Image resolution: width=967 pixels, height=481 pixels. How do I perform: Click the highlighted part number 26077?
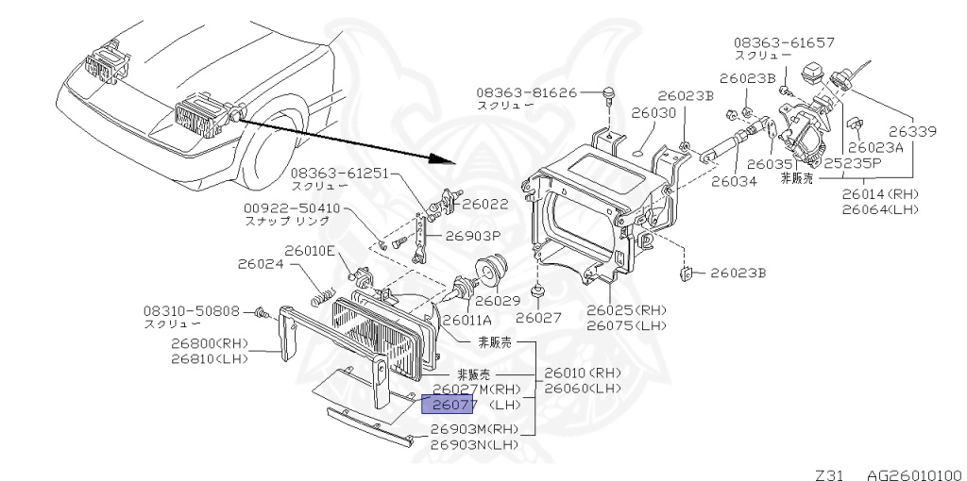[x=449, y=406]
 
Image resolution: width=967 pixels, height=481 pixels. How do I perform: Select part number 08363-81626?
[x=526, y=93]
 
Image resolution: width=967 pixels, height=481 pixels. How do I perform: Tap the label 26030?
[x=654, y=112]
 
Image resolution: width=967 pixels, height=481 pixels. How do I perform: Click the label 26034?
[x=734, y=181]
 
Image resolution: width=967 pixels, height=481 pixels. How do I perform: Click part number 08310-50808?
[x=192, y=310]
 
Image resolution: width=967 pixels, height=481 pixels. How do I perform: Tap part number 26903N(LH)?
[x=474, y=444]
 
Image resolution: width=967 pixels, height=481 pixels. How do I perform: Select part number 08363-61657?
[x=785, y=43]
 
